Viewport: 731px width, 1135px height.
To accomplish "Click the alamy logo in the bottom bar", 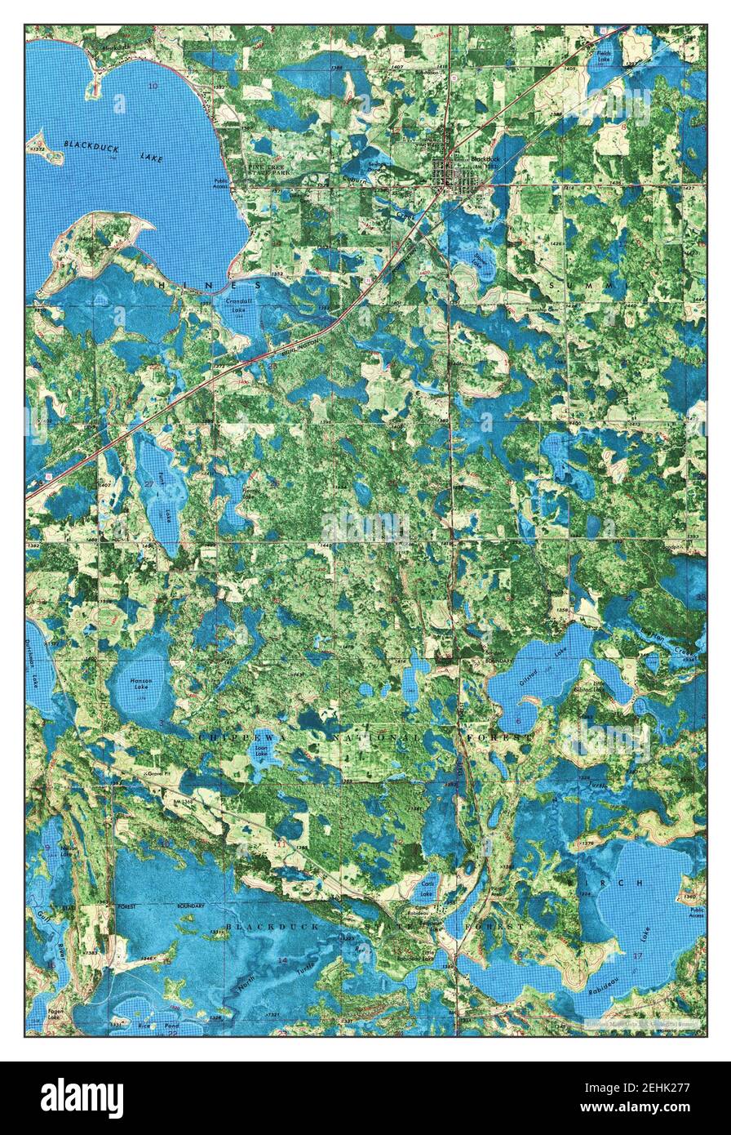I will point(82,1098).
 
